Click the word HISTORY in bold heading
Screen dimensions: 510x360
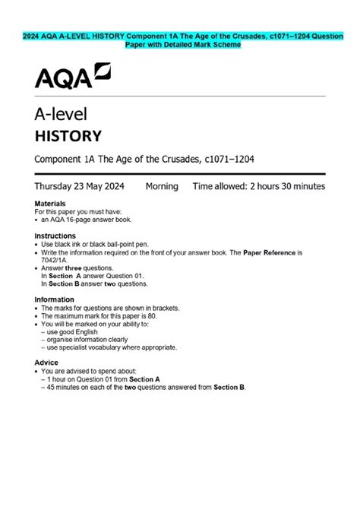(68, 137)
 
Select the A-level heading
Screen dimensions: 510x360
(62, 115)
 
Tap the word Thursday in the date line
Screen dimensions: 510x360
(58, 186)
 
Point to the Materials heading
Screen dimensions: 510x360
(50, 204)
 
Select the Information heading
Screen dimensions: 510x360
(55, 299)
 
